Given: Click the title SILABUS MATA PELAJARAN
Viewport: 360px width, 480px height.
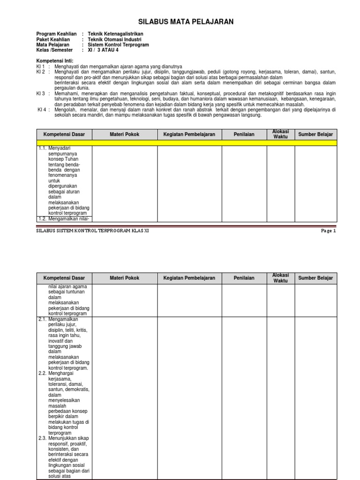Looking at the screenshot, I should point(186,22).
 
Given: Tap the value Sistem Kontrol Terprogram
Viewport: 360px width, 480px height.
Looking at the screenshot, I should point(118,45).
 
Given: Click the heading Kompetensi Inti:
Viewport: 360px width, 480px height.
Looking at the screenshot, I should point(54,61).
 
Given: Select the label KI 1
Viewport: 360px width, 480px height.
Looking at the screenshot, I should point(41,67).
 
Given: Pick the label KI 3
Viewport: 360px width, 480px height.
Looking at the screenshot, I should point(41,93).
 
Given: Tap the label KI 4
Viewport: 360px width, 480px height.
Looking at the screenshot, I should point(42,110).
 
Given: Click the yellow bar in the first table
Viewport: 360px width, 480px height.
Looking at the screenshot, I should point(186,142).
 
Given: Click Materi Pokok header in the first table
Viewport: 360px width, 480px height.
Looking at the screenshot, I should point(124,135).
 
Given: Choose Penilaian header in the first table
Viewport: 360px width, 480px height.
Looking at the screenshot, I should point(244,135).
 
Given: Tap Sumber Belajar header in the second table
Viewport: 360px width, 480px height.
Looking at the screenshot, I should point(315,278).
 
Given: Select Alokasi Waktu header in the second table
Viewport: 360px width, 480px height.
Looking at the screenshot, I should point(281,278).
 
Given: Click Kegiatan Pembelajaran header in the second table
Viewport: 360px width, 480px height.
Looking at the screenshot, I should point(189,278).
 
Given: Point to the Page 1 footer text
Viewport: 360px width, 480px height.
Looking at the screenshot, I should point(328,231).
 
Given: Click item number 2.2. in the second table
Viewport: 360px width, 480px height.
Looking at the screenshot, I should point(43,374).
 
